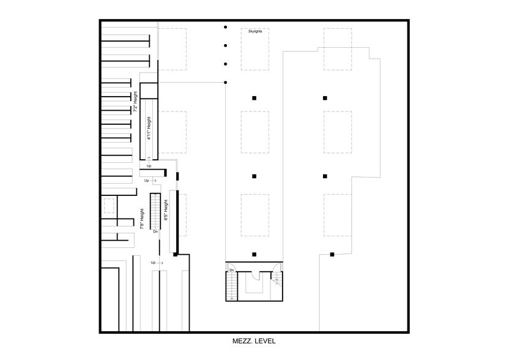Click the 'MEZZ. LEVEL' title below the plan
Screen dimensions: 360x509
tap(254, 341)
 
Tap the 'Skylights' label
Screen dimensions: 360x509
tap(256, 31)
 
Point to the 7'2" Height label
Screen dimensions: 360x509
tap(136, 102)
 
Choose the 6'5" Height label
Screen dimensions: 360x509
tap(165, 210)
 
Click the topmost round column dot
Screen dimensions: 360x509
tap(226, 27)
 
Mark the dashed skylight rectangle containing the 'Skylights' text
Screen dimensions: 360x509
tap(255, 48)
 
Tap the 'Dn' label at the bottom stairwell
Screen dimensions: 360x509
tap(232, 270)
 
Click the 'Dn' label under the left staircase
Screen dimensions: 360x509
tap(155, 231)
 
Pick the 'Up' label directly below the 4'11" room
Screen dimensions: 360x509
tap(149, 165)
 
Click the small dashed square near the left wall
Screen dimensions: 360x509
tap(110, 206)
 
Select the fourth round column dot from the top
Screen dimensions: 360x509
tap(226, 82)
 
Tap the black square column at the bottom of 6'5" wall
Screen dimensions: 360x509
tap(175, 253)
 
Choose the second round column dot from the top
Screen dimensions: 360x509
tap(226, 45)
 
